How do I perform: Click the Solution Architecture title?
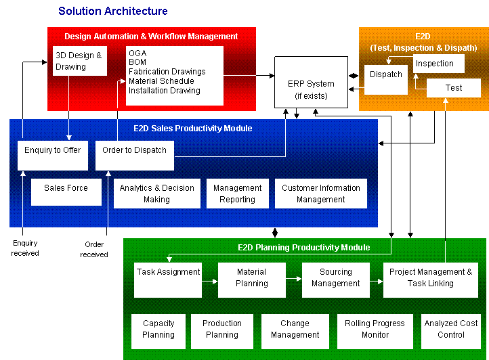pyautogui.click(x=113, y=12)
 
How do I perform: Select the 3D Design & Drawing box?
pyautogui.click(x=79, y=61)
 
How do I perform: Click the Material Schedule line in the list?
pyautogui.click(x=161, y=81)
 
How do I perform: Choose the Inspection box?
pyautogui.click(x=438, y=64)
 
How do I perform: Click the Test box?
pyautogui.click(x=454, y=88)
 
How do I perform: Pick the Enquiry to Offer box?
pyautogui.click(x=53, y=155)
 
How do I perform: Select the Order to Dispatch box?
pyautogui.click(x=135, y=155)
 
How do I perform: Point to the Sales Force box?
pyautogui.click(x=66, y=192)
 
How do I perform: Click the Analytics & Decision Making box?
pyautogui.click(x=157, y=194)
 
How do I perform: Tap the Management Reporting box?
pyautogui.click(x=237, y=194)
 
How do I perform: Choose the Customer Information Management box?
pyautogui.click(x=321, y=194)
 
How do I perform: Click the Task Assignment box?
pyautogui.click(x=168, y=279)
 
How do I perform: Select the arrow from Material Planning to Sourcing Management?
pyautogui.click(x=294, y=277)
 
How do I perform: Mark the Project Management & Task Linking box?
pyautogui.click(x=431, y=279)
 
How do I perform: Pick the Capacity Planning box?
pyautogui.click(x=158, y=331)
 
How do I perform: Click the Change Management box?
pyautogui.click(x=295, y=331)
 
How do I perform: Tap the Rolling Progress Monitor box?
pyautogui.click(x=375, y=331)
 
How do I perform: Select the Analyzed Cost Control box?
pyautogui.click(x=451, y=331)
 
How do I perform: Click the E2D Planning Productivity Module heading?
pyautogui.click(x=304, y=248)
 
